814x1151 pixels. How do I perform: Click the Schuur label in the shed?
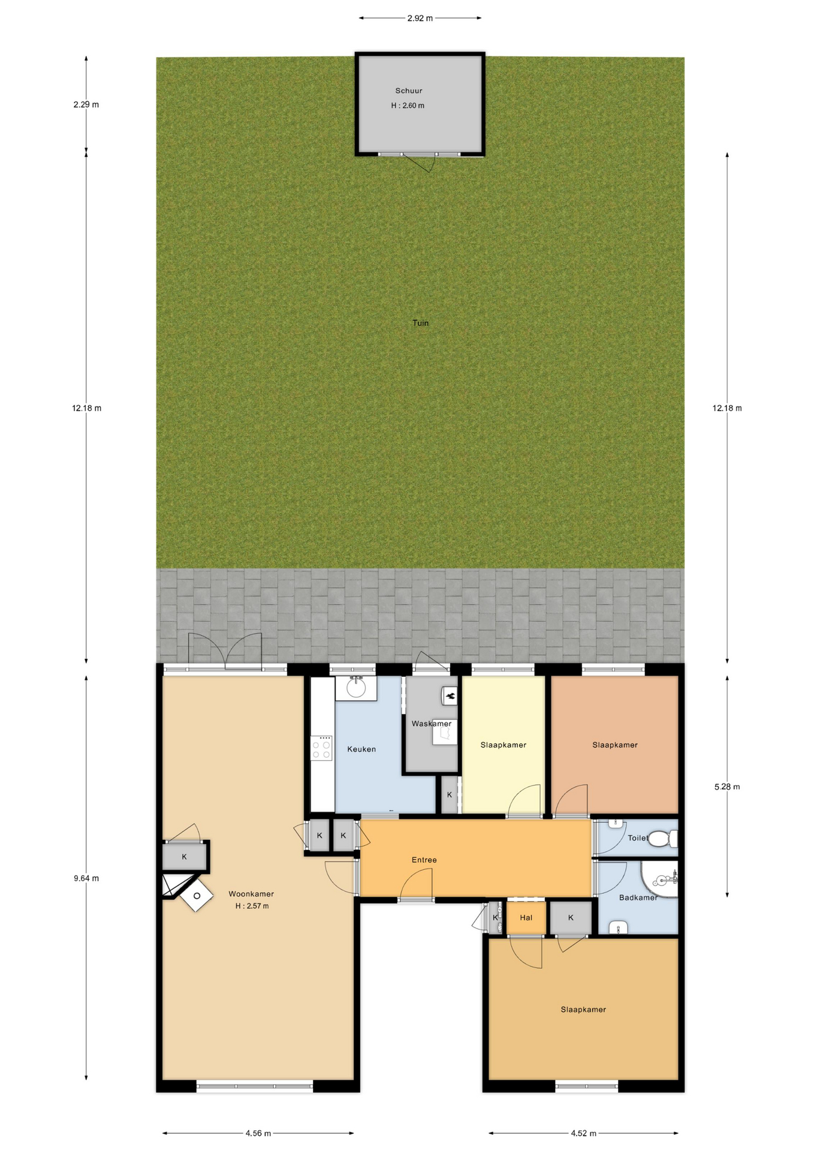(x=408, y=91)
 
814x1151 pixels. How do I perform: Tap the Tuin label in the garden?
(x=420, y=323)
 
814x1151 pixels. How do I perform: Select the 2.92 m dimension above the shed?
(x=420, y=18)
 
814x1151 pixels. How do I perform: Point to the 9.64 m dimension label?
(x=86, y=878)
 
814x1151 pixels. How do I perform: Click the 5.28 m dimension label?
(x=727, y=787)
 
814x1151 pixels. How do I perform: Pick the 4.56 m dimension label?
(x=258, y=1133)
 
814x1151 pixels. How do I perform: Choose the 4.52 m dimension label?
(x=583, y=1133)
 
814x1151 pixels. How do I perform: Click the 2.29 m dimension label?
(x=86, y=104)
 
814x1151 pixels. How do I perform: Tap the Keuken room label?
(x=361, y=749)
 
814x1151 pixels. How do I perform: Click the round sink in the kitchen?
(x=356, y=688)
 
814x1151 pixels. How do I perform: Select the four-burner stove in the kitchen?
(x=322, y=748)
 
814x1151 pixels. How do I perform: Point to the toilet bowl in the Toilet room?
(x=662, y=838)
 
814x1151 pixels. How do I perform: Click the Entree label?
(x=424, y=860)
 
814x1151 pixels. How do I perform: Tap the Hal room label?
(x=526, y=917)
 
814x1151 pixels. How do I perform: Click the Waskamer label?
(x=432, y=724)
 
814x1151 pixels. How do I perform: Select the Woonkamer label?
(x=251, y=894)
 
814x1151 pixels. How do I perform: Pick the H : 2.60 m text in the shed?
(x=408, y=106)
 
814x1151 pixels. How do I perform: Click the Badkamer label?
(x=638, y=897)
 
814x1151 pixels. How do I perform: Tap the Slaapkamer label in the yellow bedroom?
(x=503, y=745)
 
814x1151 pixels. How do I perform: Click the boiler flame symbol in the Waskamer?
(x=450, y=695)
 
